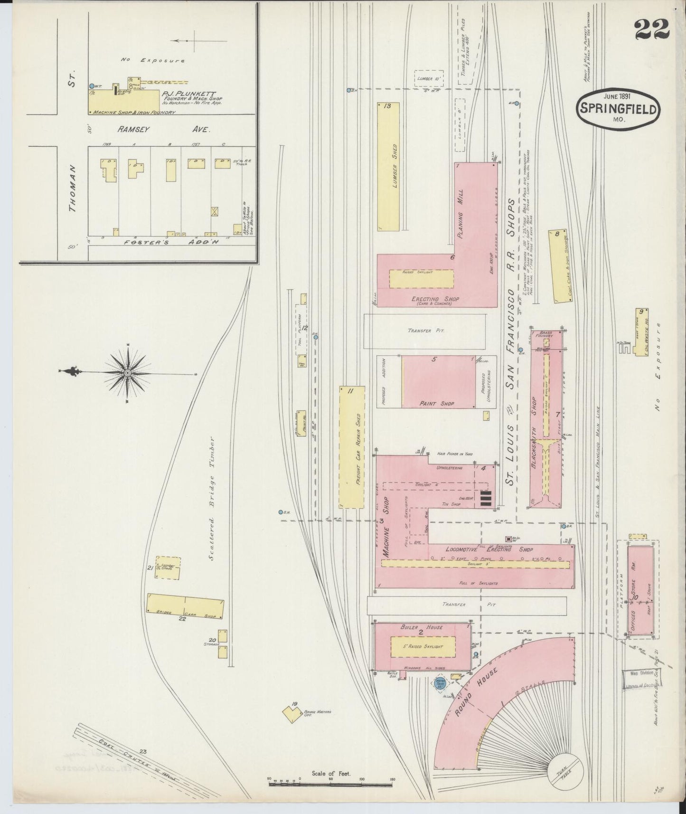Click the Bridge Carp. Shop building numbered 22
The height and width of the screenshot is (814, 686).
[x=185, y=606]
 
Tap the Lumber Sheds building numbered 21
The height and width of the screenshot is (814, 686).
[x=169, y=568]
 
